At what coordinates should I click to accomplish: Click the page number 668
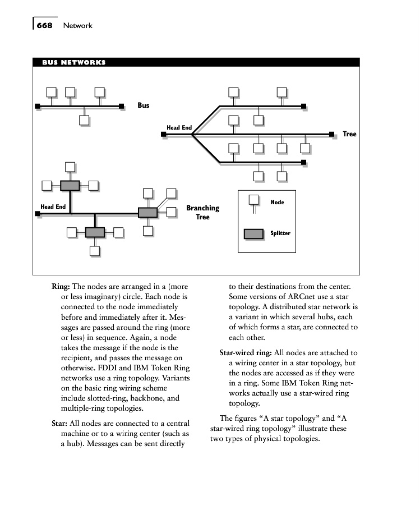point(45,25)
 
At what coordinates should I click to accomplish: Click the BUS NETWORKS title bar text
point(73,62)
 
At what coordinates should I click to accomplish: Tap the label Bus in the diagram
point(144,105)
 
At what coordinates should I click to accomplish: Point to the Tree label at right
point(349,134)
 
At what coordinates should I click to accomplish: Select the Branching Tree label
point(202,212)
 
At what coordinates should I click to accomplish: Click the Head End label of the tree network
point(179,127)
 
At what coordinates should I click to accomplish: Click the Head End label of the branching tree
point(53,206)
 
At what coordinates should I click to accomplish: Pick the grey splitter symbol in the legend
point(253,233)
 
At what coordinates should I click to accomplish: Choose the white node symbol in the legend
point(253,200)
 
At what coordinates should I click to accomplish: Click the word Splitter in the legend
point(280,233)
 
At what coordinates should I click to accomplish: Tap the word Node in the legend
point(277,202)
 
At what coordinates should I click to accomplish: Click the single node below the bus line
point(84,120)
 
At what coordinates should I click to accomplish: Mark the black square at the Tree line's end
point(331,135)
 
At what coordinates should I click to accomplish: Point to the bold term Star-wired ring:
point(245,353)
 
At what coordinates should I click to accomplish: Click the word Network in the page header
point(77,25)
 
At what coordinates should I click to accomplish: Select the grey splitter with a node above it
point(70,185)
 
